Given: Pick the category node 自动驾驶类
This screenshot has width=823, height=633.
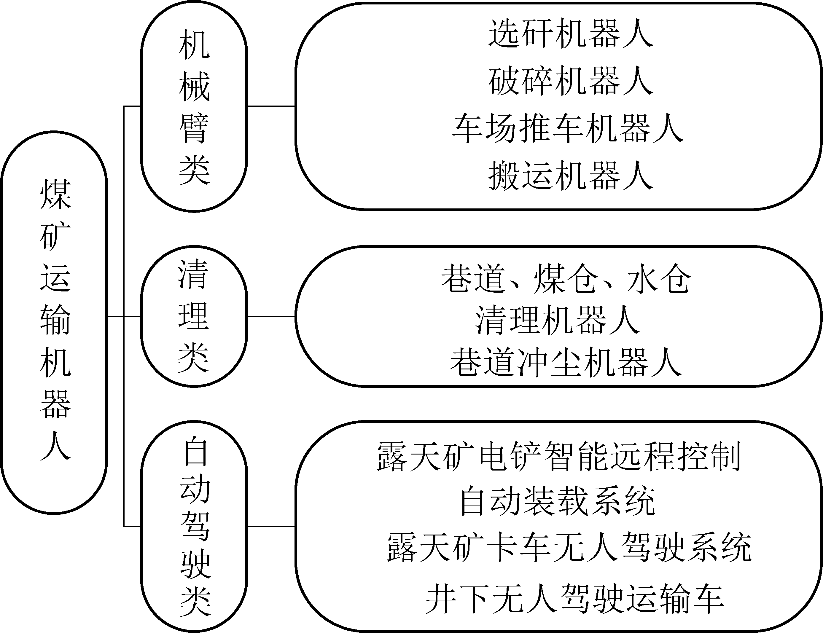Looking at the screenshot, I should pos(194,526).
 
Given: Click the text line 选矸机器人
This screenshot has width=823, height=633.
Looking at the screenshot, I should pos(571,34).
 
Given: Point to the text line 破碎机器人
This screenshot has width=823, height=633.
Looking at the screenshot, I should pos(571,81).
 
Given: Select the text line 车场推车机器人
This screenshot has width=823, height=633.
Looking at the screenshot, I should pos(568,128).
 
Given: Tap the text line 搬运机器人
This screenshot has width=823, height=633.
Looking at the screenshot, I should pos(571,176).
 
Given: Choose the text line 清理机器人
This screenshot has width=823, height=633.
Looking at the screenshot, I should pos(558,320).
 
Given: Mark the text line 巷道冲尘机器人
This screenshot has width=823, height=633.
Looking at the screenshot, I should pos(566,362).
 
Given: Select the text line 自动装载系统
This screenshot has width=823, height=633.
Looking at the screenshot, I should pos(558,501).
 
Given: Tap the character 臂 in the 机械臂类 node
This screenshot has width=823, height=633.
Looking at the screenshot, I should pos(194,128).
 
